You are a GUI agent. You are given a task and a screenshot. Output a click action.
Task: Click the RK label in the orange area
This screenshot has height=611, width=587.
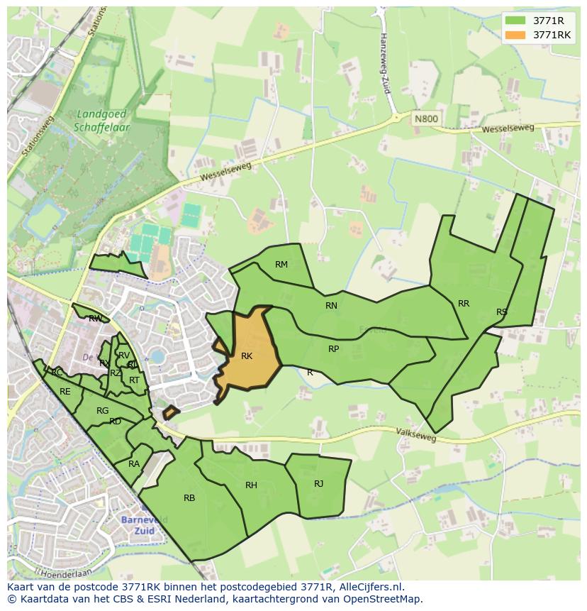coord(247,356)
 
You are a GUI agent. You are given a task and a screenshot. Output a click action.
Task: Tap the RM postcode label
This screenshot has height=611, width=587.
coord(281,265)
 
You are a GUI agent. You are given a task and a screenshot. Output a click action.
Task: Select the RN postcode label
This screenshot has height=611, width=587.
coord(331,306)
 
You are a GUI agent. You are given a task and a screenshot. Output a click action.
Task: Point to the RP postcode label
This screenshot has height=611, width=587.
coord(333,349)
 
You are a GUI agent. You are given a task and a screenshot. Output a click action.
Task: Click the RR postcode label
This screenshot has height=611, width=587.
coord(464,304)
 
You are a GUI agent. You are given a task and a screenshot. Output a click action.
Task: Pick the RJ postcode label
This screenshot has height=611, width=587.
coord(318,484)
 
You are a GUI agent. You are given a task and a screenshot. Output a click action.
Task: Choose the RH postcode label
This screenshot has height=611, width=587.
coord(251,485)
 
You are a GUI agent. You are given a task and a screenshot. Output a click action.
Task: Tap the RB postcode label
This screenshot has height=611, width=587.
coord(189,498)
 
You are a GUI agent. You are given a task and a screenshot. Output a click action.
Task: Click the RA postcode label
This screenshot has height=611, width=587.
coord(134,464)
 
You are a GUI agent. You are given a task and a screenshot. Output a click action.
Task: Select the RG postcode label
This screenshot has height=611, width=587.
coord(103,411)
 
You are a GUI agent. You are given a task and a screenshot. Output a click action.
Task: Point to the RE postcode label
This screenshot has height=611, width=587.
coord(65,392)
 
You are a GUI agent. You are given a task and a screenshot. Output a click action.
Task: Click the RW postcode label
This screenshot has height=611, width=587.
coord(95,319)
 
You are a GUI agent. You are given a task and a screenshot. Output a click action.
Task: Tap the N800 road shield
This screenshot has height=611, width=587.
coord(425,119)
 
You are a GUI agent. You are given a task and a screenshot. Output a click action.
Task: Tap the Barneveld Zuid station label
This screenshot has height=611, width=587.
coord(144,525)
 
